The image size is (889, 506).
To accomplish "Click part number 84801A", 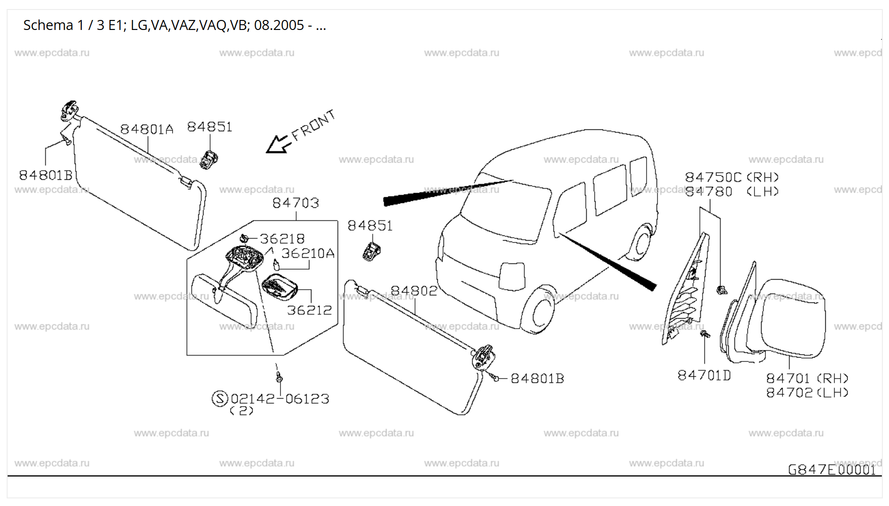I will point(146,129).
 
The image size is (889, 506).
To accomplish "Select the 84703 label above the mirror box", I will point(295,203).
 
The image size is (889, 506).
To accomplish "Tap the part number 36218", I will point(282,239).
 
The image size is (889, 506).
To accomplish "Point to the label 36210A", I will point(308,253).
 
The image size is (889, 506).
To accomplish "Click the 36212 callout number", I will point(309,311).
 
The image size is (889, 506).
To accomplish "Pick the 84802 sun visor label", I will point(414,291).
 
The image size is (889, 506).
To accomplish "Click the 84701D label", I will point(704,376).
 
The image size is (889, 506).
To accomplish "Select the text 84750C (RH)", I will point(732,177).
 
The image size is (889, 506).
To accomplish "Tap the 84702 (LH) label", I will point(807,393).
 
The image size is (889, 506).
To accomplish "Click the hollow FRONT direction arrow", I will point(278,144).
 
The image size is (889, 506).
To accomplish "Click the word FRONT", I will point(313,126).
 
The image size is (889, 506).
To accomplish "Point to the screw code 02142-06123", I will point(280,399).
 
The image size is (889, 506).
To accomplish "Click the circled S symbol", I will point(220,398).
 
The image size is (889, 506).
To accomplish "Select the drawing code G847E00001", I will point(831,470).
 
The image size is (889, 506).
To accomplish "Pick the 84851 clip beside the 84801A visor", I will point(209,159).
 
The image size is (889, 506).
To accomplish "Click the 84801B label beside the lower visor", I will point(537,379).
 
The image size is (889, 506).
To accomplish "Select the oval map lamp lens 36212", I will point(280,287).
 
